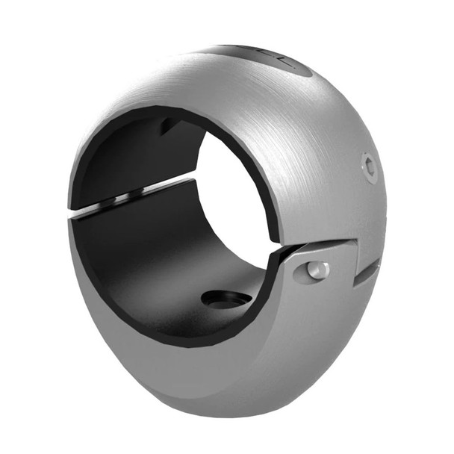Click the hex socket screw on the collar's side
coord(370,167)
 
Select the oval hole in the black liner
coord(226,299)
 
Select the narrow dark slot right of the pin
coord(366,273)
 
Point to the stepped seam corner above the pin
coord(351,242)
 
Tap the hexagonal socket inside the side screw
coord(370,167)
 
